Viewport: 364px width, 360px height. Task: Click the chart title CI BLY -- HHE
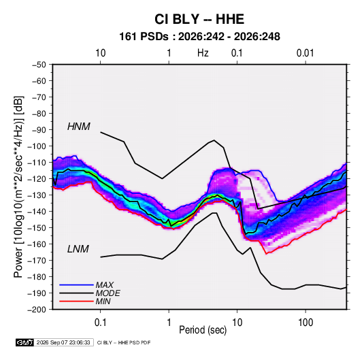click(199, 19)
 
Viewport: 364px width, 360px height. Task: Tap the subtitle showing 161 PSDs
click(199, 37)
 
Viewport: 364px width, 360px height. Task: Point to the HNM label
click(79, 127)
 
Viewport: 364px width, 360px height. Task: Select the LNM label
click(78, 249)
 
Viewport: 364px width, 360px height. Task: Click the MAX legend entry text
click(105, 285)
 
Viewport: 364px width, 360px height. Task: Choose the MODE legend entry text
click(107, 293)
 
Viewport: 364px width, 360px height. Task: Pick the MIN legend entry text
click(103, 301)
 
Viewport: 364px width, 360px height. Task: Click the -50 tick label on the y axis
click(39, 65)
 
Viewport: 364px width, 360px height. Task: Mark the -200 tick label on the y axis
click(37, 310)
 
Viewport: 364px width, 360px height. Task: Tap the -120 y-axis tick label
click(37, 179)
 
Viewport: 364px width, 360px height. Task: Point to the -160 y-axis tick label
click(37, 244)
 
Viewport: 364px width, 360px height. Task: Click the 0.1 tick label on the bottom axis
click(100, 323)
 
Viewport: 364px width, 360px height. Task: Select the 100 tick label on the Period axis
click(305, 323)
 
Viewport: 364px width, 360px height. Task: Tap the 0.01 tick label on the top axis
click(305, 53)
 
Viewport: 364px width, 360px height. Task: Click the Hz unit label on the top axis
click(203, 53)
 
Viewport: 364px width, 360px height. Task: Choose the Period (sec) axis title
click(203, 330)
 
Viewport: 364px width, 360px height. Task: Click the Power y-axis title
click(18, 186)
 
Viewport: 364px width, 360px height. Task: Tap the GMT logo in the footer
click(25, 342)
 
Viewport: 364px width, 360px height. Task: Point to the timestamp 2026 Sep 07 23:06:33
click(63, 342)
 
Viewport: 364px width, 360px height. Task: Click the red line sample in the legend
click(76, 301)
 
